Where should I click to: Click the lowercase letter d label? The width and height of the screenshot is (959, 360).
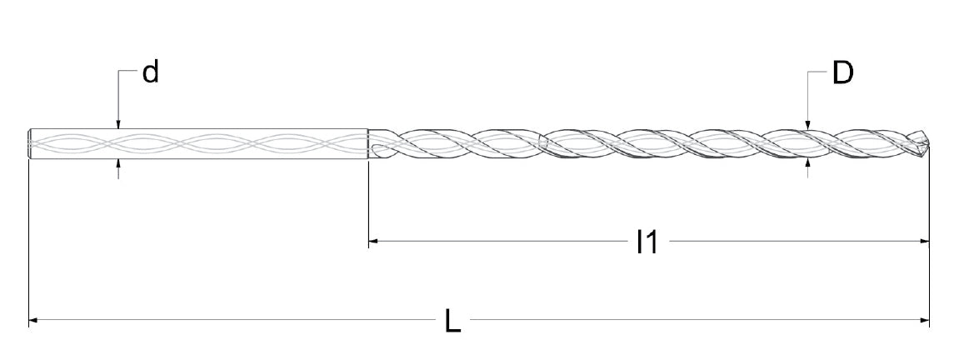[x=151, y=72]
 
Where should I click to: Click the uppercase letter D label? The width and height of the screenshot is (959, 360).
[x=843, y=73]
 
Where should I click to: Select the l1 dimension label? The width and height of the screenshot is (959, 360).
[x=647, y=242]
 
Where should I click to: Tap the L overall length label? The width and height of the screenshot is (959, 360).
[x=452, y=321]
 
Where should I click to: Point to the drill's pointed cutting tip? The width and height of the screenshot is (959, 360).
[x=927, y=143]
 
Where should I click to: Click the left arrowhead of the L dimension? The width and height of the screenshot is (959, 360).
[x=34, y=320]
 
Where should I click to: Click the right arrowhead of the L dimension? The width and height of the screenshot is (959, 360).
[x=924, y=320]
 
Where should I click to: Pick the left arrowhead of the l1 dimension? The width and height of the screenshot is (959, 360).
[x=374, y=242]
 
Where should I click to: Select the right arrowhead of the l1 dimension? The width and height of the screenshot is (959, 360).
[x=924, y=242]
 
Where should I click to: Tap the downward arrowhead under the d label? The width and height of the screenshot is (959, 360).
[x=118, y=124]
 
